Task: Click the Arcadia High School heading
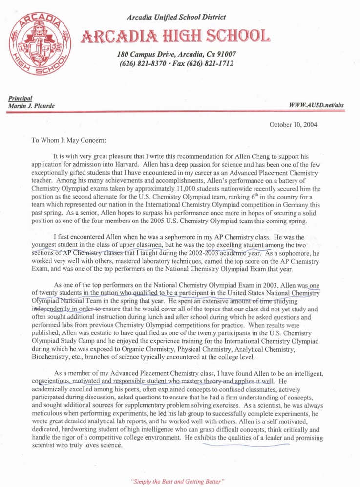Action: coord(176,36)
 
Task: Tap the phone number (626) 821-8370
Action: coord(141,64)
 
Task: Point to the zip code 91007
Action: coord(226,54)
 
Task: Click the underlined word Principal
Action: coord(19,98)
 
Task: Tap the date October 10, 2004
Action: coord(293,125)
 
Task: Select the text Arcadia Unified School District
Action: coord(176,17)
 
